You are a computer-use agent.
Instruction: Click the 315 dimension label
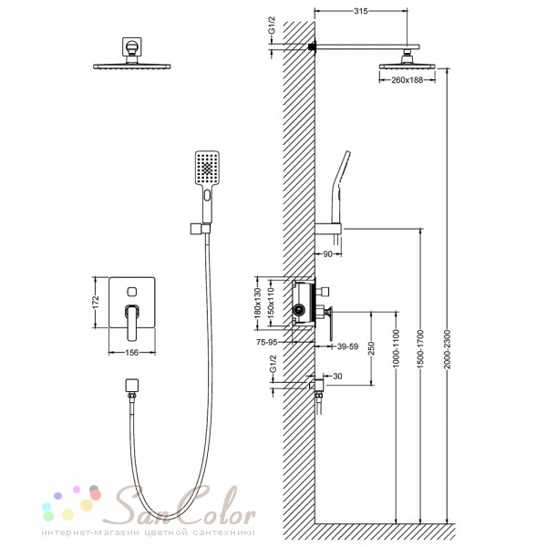point(361,11)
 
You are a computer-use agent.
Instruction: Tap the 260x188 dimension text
point(407,80)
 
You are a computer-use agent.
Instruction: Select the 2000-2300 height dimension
point(448,349)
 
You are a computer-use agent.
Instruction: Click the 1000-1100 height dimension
point(396,349)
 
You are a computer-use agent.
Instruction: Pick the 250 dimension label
point(371,348)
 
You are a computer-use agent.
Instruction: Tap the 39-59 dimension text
point(347,346)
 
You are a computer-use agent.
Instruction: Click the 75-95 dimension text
point(267,342)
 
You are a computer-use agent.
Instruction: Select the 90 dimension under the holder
point(327,254)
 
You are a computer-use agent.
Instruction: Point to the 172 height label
point(97,302)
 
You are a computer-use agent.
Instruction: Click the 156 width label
point(131,352)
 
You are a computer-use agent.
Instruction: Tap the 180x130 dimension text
point(258,303)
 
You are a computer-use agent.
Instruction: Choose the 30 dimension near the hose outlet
point(337,376)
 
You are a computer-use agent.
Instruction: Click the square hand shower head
point(207,169)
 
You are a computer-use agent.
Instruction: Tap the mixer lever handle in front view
point(132,322)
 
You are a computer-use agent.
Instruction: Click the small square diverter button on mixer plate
point(132,292)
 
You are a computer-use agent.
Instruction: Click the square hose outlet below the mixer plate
point(132,385)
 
